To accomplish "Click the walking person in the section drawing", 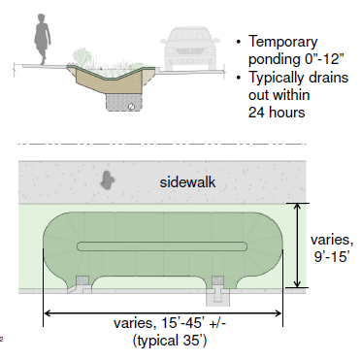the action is (42, 39).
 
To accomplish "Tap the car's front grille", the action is (189, 51).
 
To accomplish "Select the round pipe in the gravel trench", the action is (131, 106).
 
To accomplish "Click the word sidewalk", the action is (187, 181).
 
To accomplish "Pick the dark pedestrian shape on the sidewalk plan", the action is (107, 180).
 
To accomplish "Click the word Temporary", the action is (283, 42).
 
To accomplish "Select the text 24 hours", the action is (277, 113).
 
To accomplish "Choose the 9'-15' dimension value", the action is (332, 256).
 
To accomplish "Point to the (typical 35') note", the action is (170, 341).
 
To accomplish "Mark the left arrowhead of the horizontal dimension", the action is (48, 313).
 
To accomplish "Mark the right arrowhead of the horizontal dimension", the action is (279, 313).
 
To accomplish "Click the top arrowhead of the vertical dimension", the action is (297, 207).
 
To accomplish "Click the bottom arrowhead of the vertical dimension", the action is (297, 283).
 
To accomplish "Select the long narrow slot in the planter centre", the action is (162, 246).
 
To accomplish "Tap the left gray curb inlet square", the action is (82, 280).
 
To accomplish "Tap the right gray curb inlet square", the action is (217, 280).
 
